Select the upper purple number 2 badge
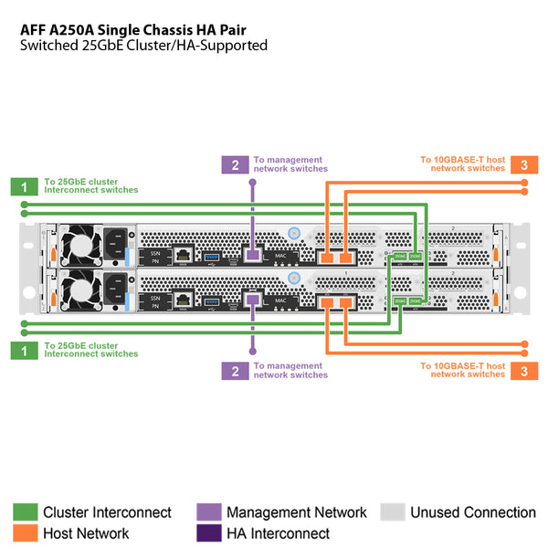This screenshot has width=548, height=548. point(235,165)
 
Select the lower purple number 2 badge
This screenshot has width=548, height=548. point(235,370)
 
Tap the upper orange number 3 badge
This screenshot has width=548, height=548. point(523,165)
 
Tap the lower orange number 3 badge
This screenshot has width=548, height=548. point(523,370)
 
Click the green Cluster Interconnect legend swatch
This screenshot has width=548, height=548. point(25,512)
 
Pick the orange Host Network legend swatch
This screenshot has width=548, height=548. point(25,533)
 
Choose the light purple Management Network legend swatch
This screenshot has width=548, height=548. point(208,512)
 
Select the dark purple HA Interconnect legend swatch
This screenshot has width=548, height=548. point(208,533)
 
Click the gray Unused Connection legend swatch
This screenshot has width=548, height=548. point(392,512)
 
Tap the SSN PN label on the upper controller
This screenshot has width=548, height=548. point(155,256)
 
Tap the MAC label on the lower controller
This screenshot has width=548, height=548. point(281,300)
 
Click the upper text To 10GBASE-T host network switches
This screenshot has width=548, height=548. point(462,164)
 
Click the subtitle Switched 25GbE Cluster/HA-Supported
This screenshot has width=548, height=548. point(143,46)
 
